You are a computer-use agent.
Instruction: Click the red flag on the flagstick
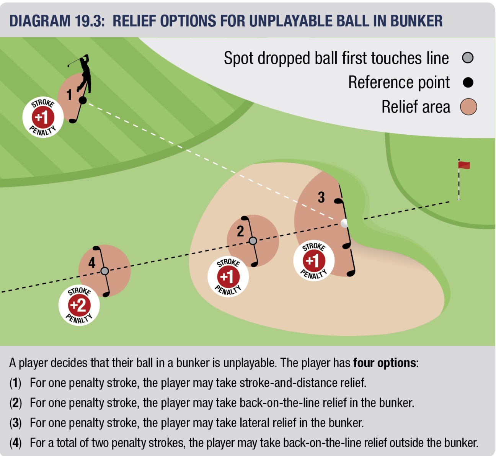tap(464, 165)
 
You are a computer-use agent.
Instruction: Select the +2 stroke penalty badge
tap(79, 305)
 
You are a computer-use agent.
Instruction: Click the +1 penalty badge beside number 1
tap(42, 117)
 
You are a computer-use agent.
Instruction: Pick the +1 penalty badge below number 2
tap(228, 276)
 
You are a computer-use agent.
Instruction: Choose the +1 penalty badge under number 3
tap(314, 261)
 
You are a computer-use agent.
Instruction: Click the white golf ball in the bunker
tap(344, 223)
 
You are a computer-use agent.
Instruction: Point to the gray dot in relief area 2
tap(253, 240)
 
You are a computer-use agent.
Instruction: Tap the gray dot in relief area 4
tap(104, 271)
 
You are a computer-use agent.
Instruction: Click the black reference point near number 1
tap(83, 101)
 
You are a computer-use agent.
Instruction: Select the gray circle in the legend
tap(468, 58)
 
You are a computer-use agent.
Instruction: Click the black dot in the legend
tap(468, 82)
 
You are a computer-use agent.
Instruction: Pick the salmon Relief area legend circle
tap(468, 107)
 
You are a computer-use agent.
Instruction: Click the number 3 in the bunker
tap(321, 198)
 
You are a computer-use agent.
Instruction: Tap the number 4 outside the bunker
tap(92, 263)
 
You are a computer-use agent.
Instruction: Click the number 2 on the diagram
tap(240, 231)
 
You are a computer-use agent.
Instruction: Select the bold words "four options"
tap(384, 363)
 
